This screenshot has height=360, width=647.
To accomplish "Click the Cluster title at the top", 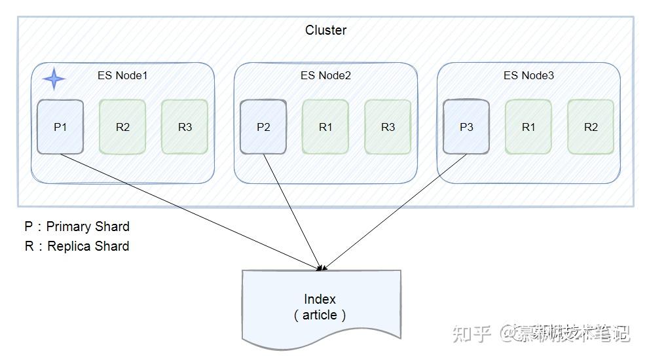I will click(325, 30).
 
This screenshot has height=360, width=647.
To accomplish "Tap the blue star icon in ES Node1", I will click(54, 79).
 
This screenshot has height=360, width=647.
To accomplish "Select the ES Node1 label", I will click(122, 75).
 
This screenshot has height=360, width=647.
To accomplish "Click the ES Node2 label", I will click(325, 75).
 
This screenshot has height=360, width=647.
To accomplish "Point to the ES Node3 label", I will click(528, 75).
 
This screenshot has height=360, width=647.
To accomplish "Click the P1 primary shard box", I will click(60, 127).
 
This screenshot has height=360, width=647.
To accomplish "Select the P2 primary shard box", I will click(263, 127).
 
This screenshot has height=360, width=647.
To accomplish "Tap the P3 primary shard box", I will click(466, 127).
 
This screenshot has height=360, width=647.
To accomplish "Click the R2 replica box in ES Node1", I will click(122, 127).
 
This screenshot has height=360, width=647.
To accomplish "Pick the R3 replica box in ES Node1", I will click(185, 127).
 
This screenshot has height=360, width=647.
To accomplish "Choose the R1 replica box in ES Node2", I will click(325, 127).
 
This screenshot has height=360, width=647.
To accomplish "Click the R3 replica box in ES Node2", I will click(388, 127).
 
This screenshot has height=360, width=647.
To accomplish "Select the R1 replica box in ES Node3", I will click(528, 127).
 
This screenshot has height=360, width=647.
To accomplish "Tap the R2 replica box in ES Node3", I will click(591, 127).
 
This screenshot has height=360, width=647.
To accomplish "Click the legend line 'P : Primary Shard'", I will click(77, 226).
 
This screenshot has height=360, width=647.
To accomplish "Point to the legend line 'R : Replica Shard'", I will click(77, 246).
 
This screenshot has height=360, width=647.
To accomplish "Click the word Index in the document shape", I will click(320, 299).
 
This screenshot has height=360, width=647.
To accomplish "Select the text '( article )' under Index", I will click(320, 315).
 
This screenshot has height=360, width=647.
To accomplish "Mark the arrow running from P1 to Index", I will click(190, 211).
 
